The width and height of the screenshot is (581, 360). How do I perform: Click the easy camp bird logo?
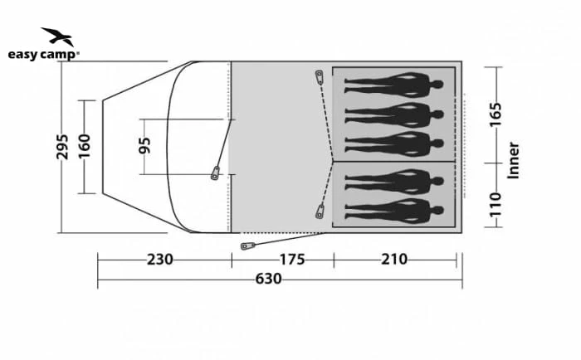tap(58, 36)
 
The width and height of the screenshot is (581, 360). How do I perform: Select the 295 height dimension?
tap(62, 147)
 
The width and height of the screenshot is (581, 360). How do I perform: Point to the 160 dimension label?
tap(84, 146)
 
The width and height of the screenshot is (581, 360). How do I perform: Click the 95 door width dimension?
tap(144, 145)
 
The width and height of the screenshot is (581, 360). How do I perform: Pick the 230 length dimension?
tap(159, 260)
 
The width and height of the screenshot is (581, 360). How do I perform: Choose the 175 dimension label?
tap(292, 260)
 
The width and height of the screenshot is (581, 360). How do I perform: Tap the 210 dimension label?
tap(394, 260)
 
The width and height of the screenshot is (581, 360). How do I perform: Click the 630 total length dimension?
tap(268, 279)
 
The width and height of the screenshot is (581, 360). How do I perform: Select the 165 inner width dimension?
tap(496, 114)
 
